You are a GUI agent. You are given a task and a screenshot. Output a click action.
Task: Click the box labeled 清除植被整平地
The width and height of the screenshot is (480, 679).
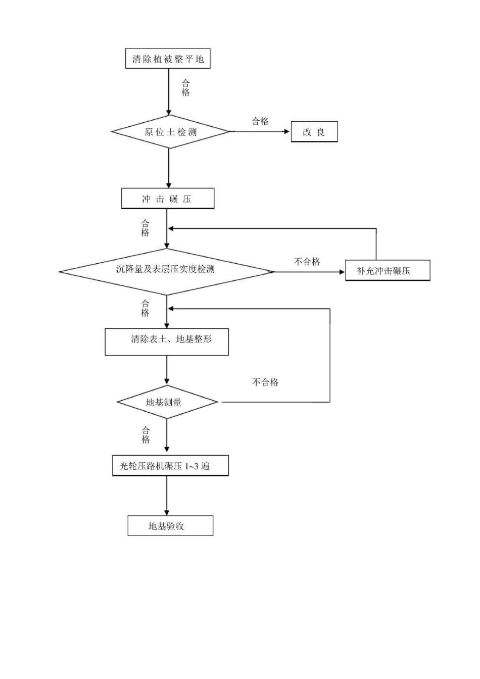point(168,59)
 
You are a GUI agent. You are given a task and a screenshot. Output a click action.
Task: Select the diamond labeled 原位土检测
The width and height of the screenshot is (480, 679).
point(170,132)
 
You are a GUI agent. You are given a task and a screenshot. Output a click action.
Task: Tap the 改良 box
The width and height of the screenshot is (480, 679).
point(314,132)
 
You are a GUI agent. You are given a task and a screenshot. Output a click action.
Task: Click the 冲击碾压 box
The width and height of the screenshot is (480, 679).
point(168,199)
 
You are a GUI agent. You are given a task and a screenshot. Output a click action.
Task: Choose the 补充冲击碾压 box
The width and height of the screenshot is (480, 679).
point(387,271)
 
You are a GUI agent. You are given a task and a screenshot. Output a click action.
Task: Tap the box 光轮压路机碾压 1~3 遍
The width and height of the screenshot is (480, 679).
point(170,465)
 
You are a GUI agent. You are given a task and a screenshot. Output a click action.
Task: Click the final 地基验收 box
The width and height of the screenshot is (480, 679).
point(170,525)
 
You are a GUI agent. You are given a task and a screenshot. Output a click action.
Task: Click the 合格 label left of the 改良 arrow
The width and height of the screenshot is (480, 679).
point(260,121)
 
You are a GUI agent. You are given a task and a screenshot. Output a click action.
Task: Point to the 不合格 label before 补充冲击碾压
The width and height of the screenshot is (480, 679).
point(307,261)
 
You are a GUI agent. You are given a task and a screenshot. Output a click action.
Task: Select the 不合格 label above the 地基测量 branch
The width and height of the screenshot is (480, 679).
point(265,382)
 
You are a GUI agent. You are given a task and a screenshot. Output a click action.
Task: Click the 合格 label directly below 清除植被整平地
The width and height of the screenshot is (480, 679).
point(185,88)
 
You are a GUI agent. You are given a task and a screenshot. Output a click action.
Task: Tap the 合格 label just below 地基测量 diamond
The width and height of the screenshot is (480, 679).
point(146,434)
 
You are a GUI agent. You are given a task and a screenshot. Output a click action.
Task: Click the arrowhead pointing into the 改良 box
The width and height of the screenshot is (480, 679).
point(287,132)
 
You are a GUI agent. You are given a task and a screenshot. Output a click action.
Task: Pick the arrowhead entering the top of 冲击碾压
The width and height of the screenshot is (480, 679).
point(169,184)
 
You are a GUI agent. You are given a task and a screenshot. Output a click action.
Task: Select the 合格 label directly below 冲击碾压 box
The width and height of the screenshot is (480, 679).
point(146,227)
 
